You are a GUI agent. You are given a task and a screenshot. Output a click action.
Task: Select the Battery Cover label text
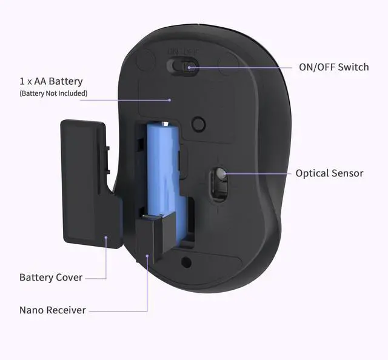[x=51, y=278]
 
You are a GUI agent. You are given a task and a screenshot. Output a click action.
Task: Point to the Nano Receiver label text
[x=53, y=310]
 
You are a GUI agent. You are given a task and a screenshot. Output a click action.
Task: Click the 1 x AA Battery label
[x=51, y=81]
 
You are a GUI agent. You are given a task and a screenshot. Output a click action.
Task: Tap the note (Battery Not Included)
[x=53, y=93]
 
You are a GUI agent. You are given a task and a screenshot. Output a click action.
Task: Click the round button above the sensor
[x=198, y=124]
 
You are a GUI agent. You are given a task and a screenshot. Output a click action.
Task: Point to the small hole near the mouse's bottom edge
[x=186, y=263]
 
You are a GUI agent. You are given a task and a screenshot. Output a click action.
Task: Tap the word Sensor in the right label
[x=347, y=173]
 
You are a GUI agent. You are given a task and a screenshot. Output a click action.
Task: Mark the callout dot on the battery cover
[x=106, y=238]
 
